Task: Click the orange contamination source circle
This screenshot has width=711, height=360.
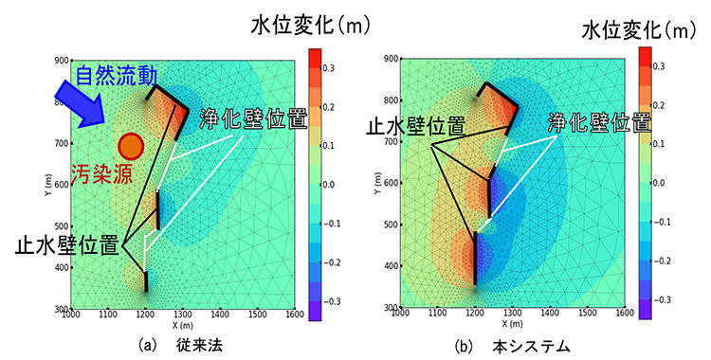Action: tap(131, 145)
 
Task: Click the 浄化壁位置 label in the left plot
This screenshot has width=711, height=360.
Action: tap(253, 120)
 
